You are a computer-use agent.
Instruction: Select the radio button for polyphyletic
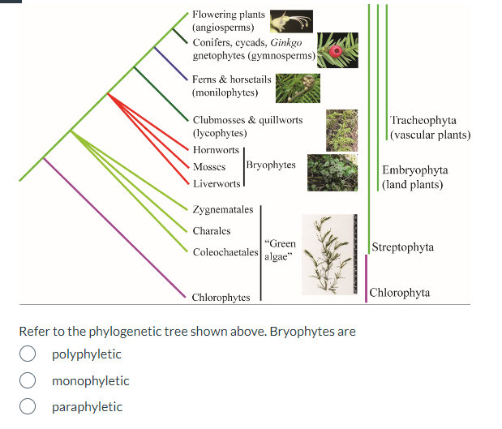(28, 354)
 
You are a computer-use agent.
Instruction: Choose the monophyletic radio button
(28, 381)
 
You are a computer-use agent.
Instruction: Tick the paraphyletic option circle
(28, 407)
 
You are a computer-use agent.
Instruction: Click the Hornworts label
(216, 150)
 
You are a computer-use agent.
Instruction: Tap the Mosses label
(209, 167)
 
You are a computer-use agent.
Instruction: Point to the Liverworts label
(217, 184)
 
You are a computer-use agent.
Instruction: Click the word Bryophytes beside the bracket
(271, 165)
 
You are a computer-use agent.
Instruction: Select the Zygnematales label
(223, 209)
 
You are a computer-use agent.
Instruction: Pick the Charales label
(212, 231)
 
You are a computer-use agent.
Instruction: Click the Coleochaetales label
(225, 252)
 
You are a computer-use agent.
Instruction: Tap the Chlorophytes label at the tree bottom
(221, 297)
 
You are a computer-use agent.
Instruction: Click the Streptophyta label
(402, 247)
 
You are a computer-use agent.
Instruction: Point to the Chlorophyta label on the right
(399, 293)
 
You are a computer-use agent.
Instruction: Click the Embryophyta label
(414, 170)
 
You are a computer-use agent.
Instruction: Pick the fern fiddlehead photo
(298, 88)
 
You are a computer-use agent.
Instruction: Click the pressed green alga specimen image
(328, 254)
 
